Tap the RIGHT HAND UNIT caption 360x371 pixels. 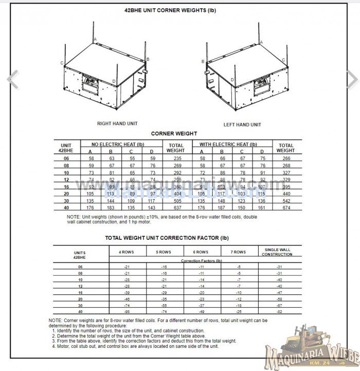coord(117,123)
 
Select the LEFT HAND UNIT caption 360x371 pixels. coord(242,125)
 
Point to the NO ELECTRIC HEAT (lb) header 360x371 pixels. coord(117,145)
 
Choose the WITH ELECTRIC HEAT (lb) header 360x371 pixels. coord(227,145)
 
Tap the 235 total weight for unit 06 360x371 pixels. coord(175,158)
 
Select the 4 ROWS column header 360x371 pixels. coord(127,252)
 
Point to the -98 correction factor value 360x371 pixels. coord(127,312)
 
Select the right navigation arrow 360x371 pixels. coord(352,78)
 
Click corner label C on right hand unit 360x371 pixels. coord(62,63)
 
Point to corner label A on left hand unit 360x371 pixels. coord(261,43)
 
